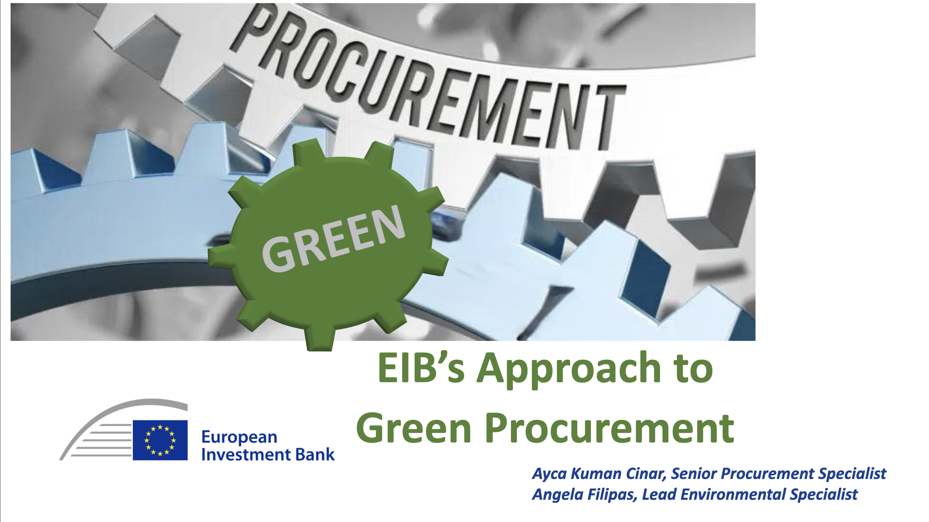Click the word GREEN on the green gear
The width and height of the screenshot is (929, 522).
click(333, 238)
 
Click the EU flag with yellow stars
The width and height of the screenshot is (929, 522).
click(160, 440)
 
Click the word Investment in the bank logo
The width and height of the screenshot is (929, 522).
click(247, 455)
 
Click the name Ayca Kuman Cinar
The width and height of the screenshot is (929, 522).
click(599, 474)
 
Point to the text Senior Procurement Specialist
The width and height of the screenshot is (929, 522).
click(778, 474)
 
